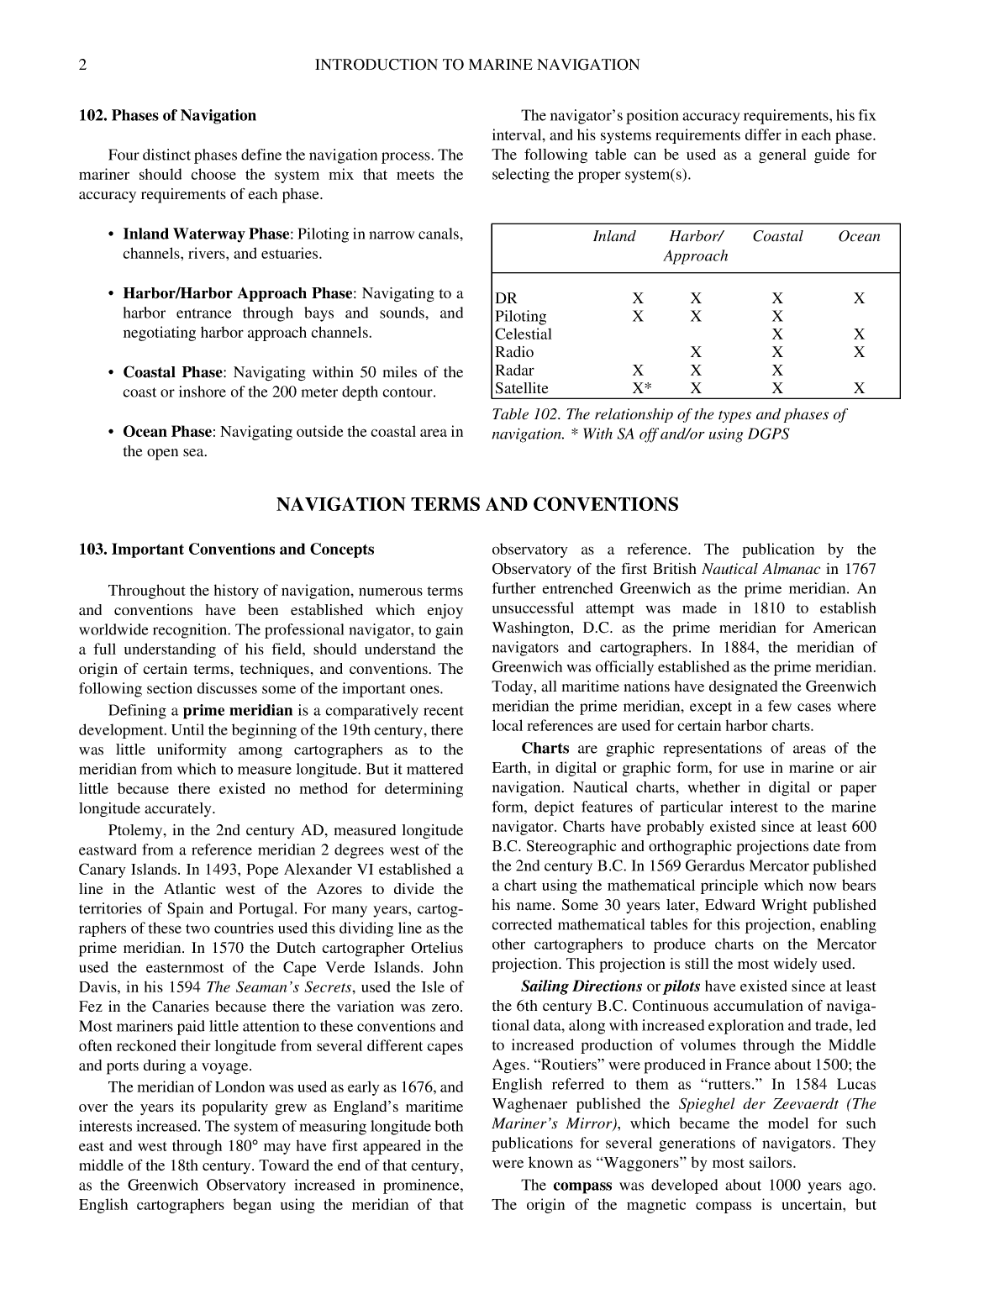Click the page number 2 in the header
point(83,65)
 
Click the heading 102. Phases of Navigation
point(167,116)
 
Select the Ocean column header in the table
point(859,237)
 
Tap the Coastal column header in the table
point(777,237)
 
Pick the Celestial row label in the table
point(523,334)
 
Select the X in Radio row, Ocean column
point(859,352)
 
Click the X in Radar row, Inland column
point(638,371)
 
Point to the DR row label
point(506,298)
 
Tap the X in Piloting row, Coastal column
point(777,317)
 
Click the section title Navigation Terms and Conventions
point(476,505)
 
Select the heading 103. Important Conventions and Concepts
point(226,550)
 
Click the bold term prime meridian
point(238,711)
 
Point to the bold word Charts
point(545,749)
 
